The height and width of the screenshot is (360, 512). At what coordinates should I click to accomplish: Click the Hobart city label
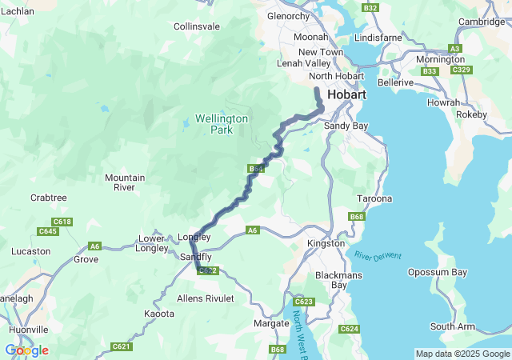(346, 94)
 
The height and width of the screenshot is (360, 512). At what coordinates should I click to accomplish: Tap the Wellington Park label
(222, 124)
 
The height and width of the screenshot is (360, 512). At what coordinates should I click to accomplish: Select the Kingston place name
(326, 242)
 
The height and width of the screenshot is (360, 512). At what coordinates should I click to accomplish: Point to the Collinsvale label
(197, 26)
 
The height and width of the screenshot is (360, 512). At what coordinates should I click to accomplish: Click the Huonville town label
(29, 329)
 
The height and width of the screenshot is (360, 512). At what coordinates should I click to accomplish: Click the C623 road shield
(304, 302)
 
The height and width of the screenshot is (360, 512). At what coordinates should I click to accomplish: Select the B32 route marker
(370, 7)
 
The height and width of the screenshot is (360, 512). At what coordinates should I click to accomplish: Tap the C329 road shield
(461, 70)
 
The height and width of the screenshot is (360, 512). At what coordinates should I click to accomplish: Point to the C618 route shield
(62, 222)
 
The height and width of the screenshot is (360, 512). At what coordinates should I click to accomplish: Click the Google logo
(26, 350)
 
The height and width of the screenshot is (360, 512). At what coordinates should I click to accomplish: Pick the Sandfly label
(196, 257)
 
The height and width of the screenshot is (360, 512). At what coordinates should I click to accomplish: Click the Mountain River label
(125, 182)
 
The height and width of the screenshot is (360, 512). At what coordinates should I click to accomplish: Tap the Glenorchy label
(288, 16)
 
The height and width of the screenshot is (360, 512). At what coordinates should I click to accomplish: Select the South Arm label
(454, 326)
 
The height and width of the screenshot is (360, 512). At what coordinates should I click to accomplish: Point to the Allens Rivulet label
(206, 298)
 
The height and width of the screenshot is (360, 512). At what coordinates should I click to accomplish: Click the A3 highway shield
(455, 49)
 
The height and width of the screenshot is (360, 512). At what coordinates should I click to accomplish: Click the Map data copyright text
(462, 354)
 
